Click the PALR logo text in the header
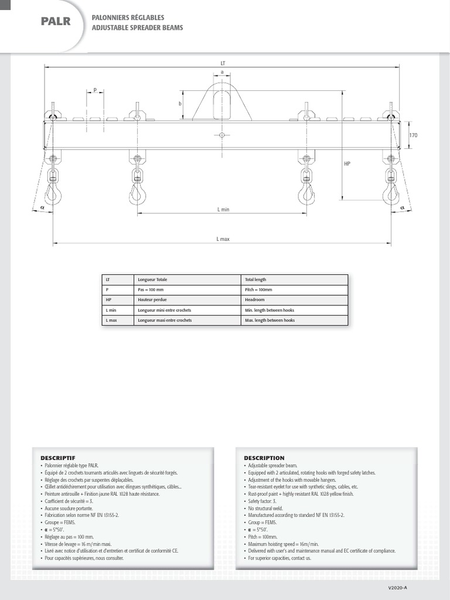pyautogui.click(x=56, y=22)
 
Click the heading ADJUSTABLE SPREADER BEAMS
pyautogui.click(x=137, y=28)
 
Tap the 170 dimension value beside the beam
pyautogui.click(x=414, y=135)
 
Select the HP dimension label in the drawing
pyautogui.click(x=347, y=164)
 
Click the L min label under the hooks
pyautogui.click(x=223, y=209)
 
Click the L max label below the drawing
pyautogui.click(x=223, y=238)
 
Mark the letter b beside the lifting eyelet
pyautogui.click(x=180, y=103)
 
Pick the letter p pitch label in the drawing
pyautogui.click(x=94, y=90)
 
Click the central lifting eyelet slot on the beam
pyautogui.click(x=222, y=105)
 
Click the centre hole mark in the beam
pyautogui.click(x=222, y=135)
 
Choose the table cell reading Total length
pyautogui.click(x=256, y=279)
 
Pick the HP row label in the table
pyautogui.click(x=109, y=299)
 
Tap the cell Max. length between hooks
pyautogui.click(x=270, y=321)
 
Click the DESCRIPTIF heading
pyautogui.click(x=58, y=458)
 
